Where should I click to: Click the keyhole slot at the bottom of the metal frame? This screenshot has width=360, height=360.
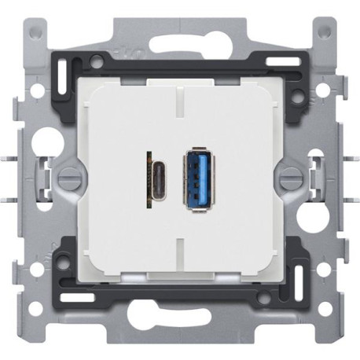tap(180, 323)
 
